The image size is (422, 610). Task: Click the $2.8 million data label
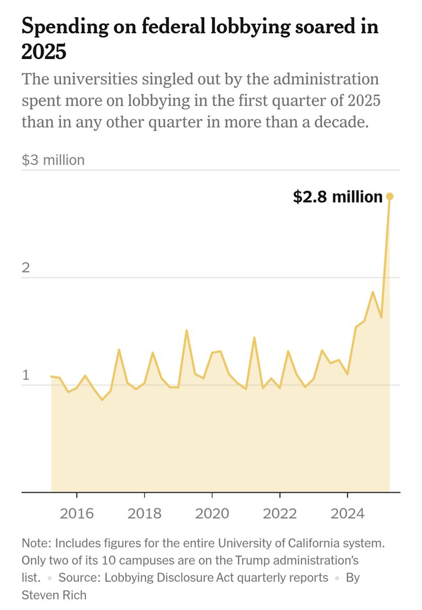tap(338, 197)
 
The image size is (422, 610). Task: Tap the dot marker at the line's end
tap(390, 196)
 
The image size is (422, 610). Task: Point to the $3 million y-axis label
tap(53, 160)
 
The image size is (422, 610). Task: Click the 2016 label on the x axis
tap(77, 513)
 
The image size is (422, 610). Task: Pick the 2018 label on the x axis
tap(144, 513)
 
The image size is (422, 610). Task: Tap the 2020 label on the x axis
tap(212, 513)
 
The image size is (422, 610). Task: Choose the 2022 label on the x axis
tap(280, 513)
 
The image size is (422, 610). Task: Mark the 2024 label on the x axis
tap(347, 513)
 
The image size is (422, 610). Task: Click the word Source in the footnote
tap(75, 577)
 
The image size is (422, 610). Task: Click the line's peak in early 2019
tap(187, 330)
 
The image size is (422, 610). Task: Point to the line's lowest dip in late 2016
tap(102, 400)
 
